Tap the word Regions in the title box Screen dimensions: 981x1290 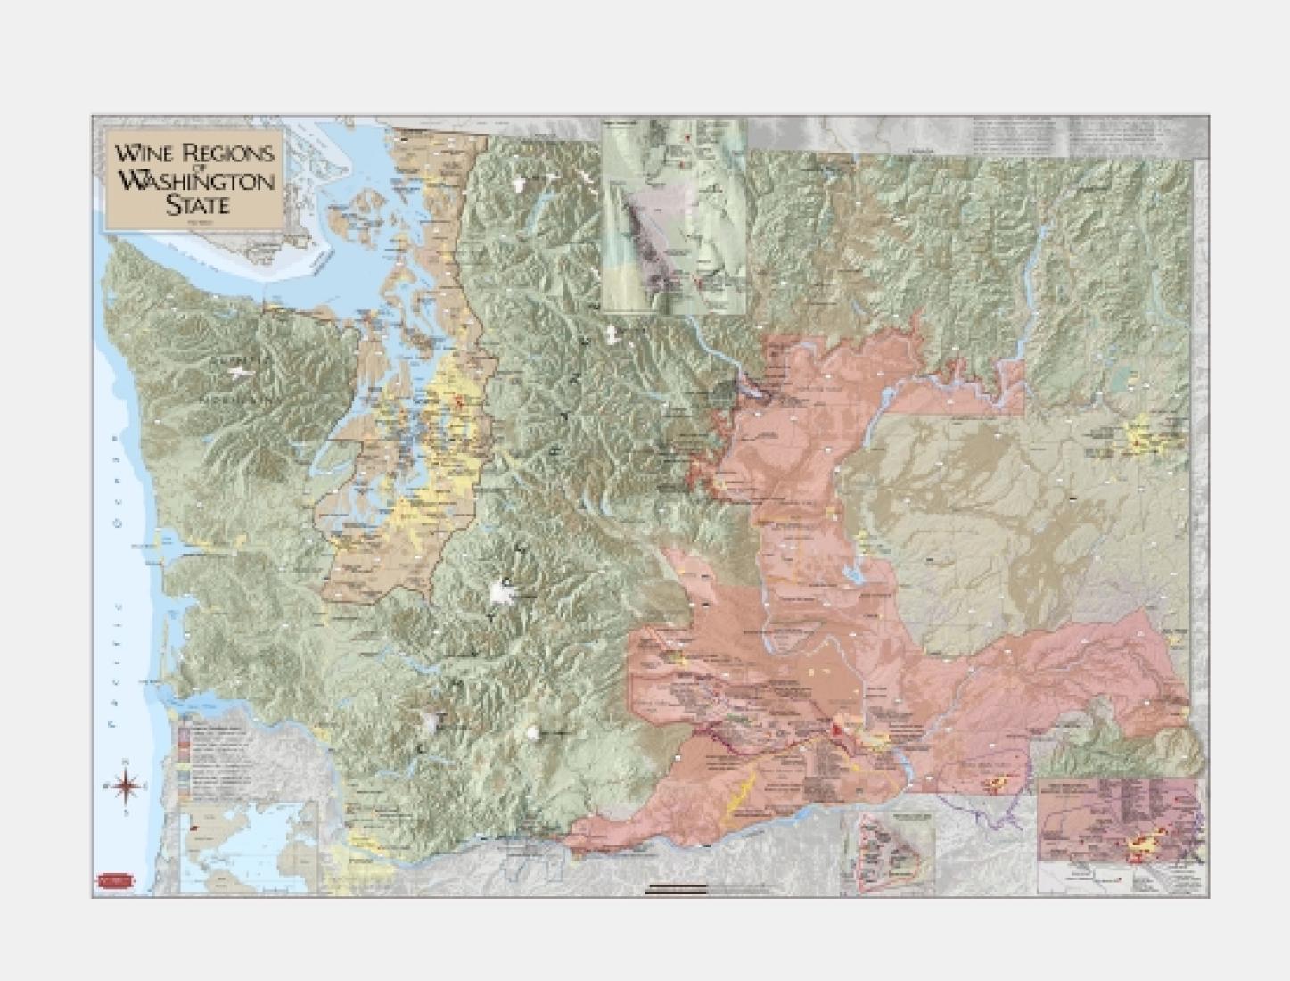(226, 153)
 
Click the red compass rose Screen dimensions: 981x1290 (126, 786)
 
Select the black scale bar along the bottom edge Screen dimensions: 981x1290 (677, 888)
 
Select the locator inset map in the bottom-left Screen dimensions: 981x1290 (249, 845)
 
